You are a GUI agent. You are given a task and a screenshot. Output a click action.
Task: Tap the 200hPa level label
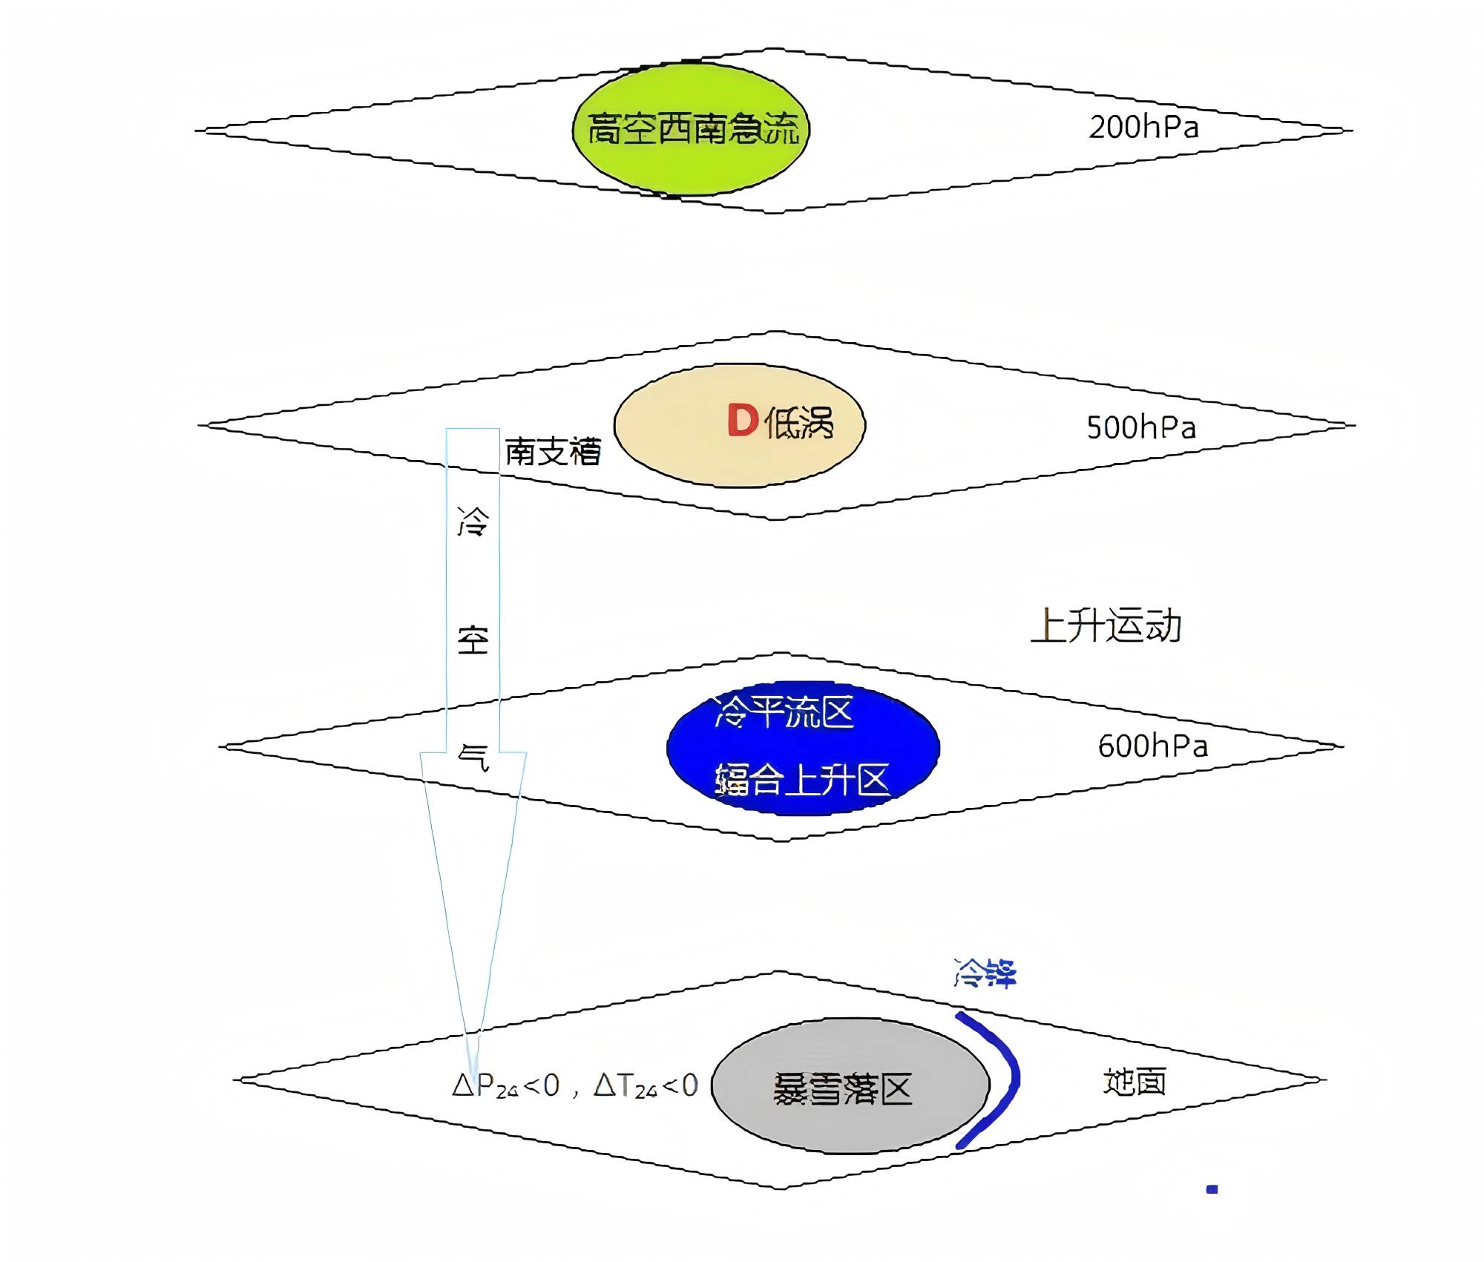click(x=1143, y=128)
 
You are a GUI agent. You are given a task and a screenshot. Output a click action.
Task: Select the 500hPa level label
click(x=1141, y=428)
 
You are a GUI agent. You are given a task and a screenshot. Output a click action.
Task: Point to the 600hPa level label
click(x=1152, y=746)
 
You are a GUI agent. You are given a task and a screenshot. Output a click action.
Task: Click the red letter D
click(x=743, y=421)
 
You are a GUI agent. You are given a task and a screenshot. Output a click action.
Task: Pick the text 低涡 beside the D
click(x=799, y=424)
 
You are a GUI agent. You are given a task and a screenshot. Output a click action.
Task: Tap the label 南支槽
click(x=553, y=452)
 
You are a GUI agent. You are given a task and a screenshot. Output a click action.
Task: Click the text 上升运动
click(x=1106, y=625)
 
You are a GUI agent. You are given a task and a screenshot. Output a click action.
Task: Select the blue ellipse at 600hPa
click(x=803, y=747)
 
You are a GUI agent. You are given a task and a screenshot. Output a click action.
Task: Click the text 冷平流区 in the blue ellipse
click(x=785, y=711)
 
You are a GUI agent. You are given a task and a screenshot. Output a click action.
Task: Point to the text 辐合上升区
click(x=802, y=780)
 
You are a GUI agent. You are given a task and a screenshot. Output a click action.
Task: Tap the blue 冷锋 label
click(x=985, y=973)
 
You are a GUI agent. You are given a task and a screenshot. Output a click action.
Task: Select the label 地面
click(x=1135, y=1082)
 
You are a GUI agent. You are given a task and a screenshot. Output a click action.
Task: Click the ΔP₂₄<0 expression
click(x=505, y=1086)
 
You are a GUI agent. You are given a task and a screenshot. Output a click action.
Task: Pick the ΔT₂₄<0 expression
click(x=646, y=1086)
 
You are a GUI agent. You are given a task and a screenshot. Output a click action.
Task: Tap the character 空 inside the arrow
click(x=473, y=640)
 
